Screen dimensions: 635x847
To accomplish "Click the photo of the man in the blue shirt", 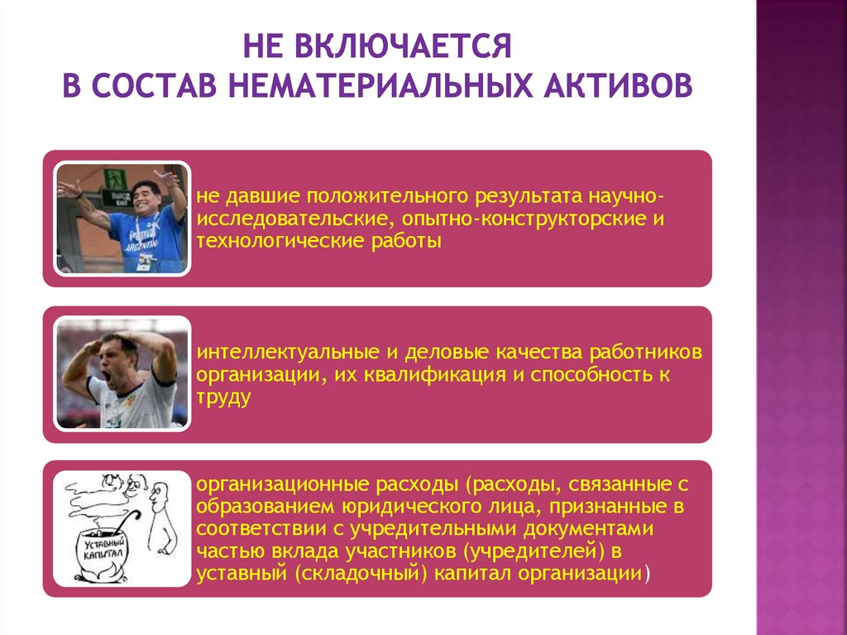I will pyautogui.click(x=122, y=219).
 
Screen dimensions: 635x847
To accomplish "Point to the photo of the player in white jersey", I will pyautogui.click(x=122, y=373).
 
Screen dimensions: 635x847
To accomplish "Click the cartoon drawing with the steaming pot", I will pyautogui.click(x=122, y=527).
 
